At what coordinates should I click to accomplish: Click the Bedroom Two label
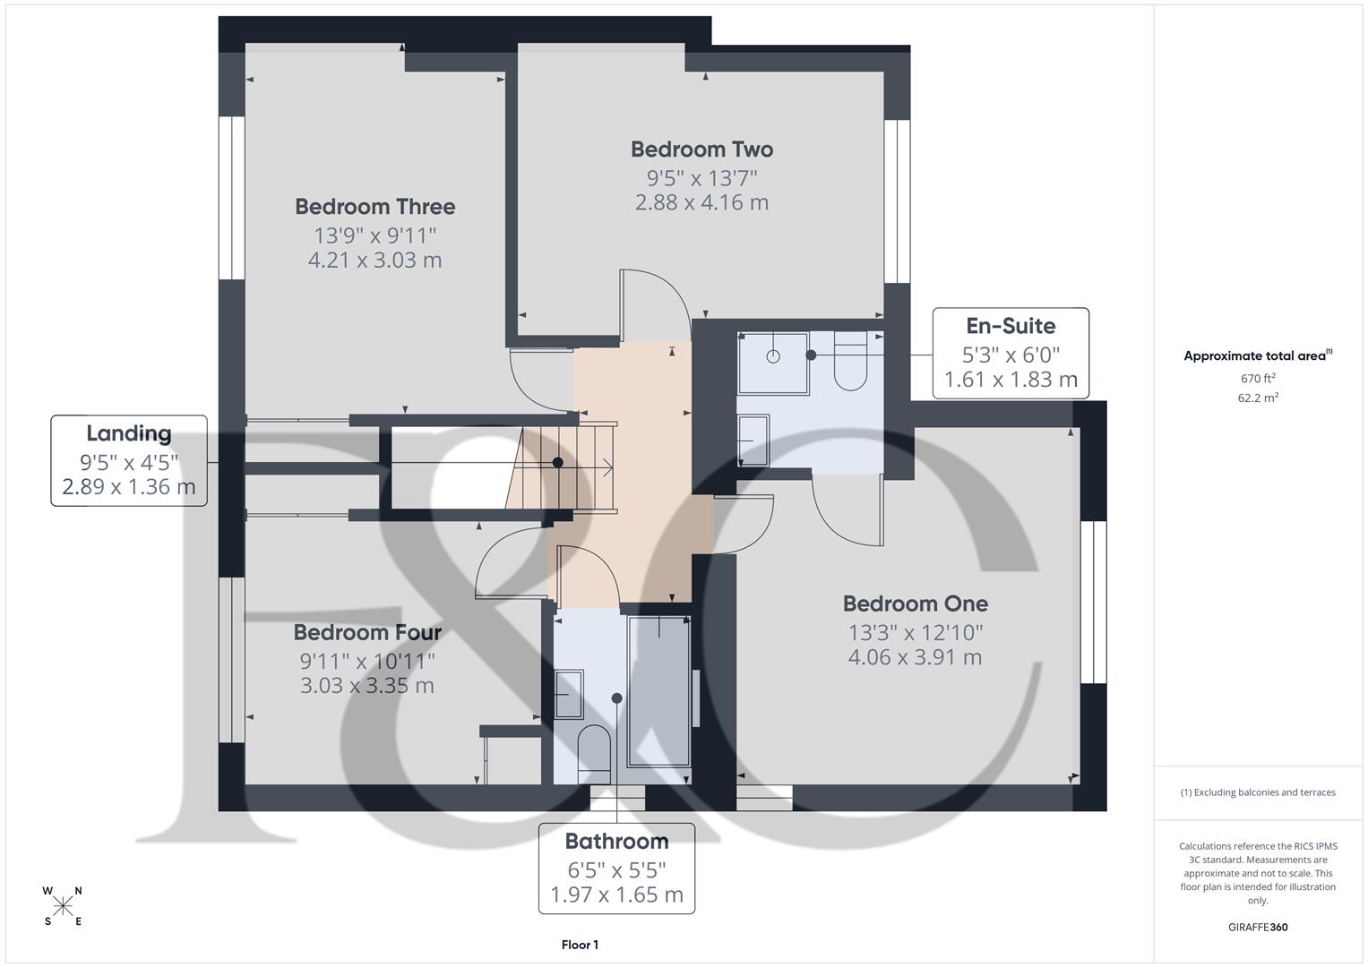click(x=701, y=150)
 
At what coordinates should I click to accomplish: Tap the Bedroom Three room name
click(x=374, y=207)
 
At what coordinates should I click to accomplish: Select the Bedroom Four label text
click(x=367, y=633)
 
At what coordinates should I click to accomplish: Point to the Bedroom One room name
click(x=915, y=603)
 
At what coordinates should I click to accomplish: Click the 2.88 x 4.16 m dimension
click(x=701, y=202)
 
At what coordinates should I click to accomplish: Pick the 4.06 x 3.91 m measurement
click(x=915, y=657)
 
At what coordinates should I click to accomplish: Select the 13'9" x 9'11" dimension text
click(x=374, y=235)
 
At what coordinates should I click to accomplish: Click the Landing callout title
click(x=128, y=434)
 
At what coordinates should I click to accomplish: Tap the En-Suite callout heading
click(x=1010, y=326)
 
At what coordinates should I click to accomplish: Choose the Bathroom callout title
click(x=616, y=842)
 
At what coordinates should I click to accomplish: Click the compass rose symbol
click(x=63, y=906)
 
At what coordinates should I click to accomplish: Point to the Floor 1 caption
click(x=580, y=945)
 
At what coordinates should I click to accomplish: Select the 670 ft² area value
click(x=1257, y=379)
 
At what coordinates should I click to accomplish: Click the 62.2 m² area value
click(x=1257, y=398)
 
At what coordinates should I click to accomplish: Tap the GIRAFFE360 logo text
click(x=1257, y=928)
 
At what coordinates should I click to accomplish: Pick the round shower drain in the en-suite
click(x=773, y=356)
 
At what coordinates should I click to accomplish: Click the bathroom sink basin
click(x=568, y=694)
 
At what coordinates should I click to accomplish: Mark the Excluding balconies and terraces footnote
click(x=1257, y=792)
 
